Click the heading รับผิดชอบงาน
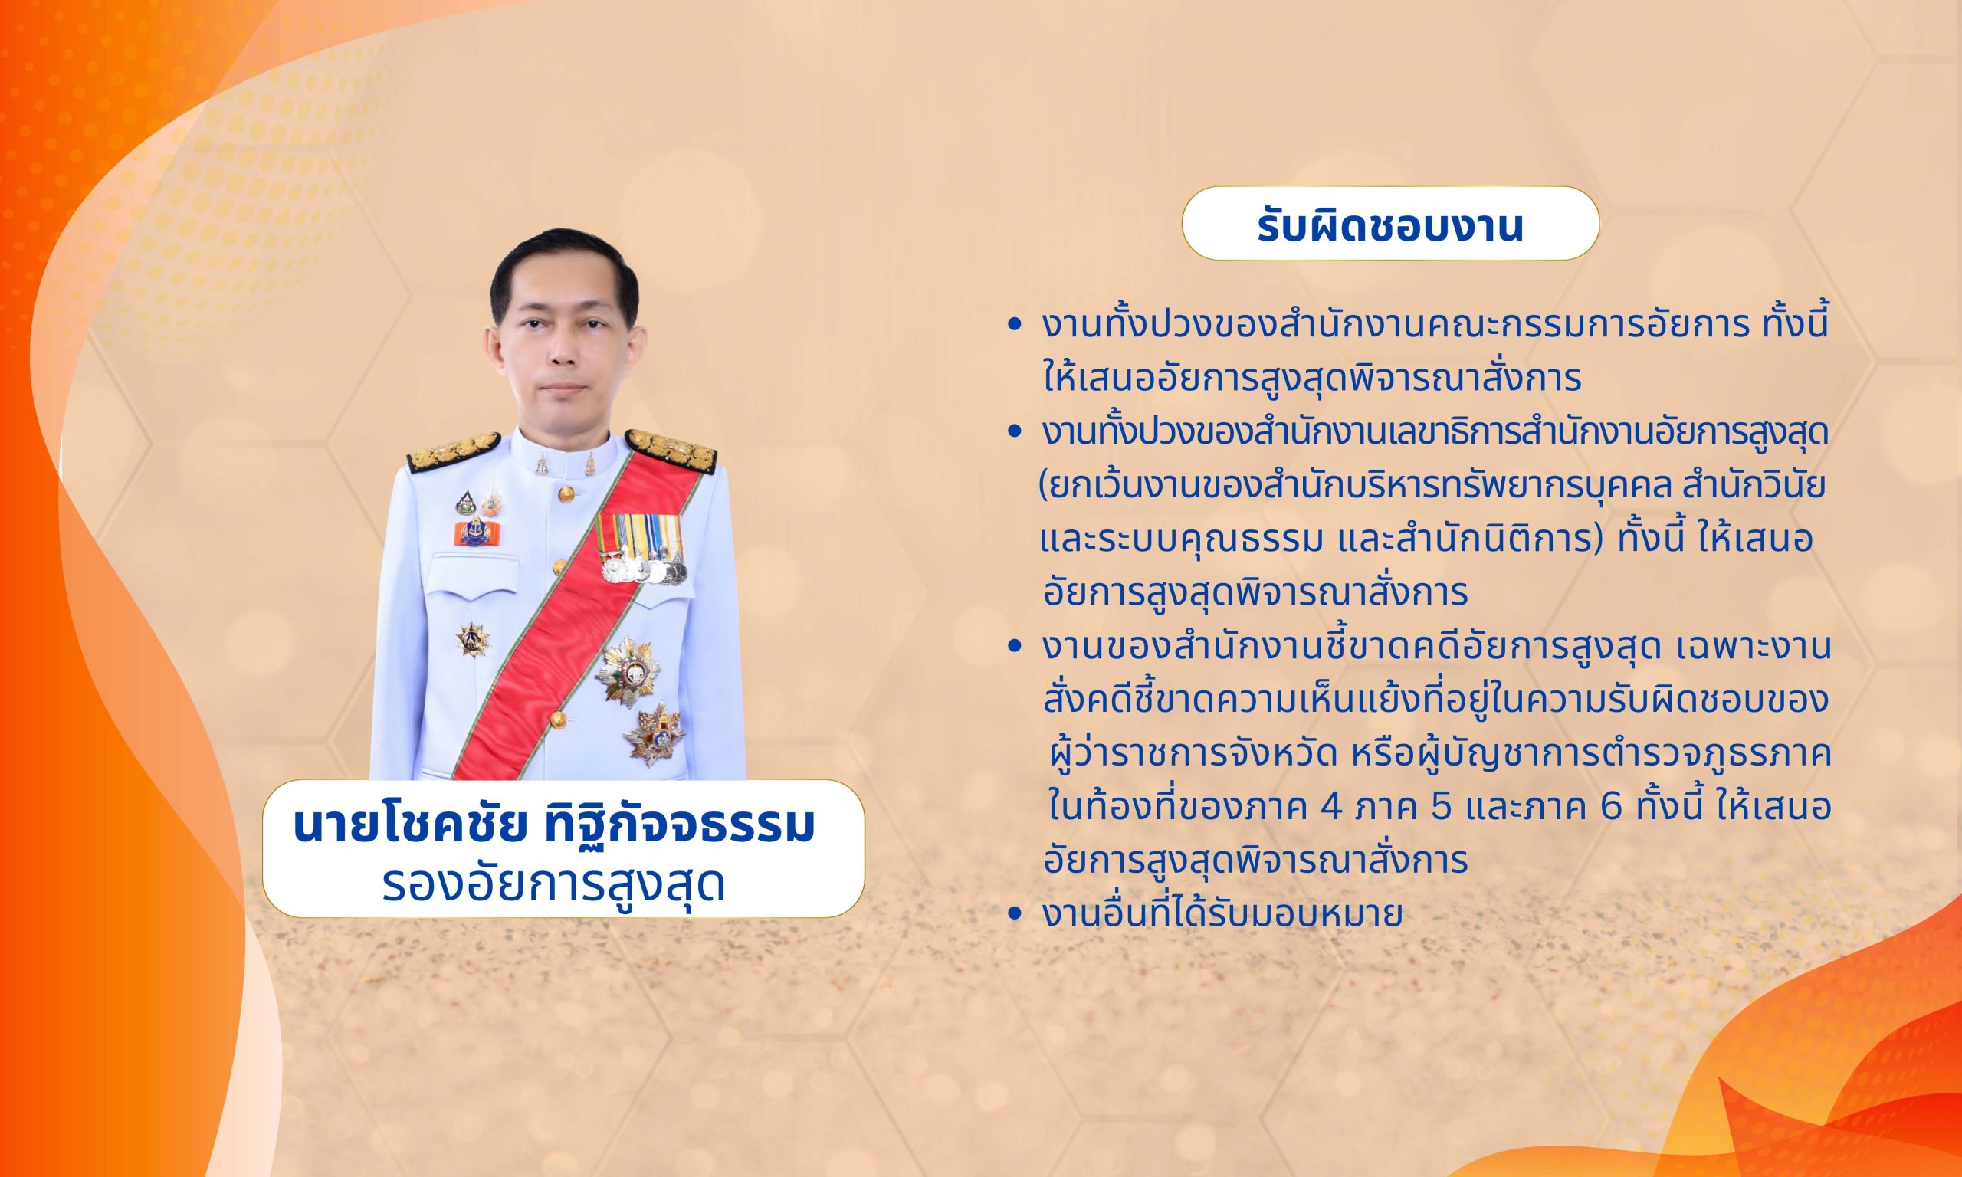(1390, 226)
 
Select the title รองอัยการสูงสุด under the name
(553, 885)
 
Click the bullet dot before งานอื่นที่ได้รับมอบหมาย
(1012, 914)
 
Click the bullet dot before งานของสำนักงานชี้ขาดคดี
(1012, 648)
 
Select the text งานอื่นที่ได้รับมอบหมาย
(1223, 913)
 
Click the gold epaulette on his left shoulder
(671, 448)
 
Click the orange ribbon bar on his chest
(472, 533)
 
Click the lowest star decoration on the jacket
(654, 733)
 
